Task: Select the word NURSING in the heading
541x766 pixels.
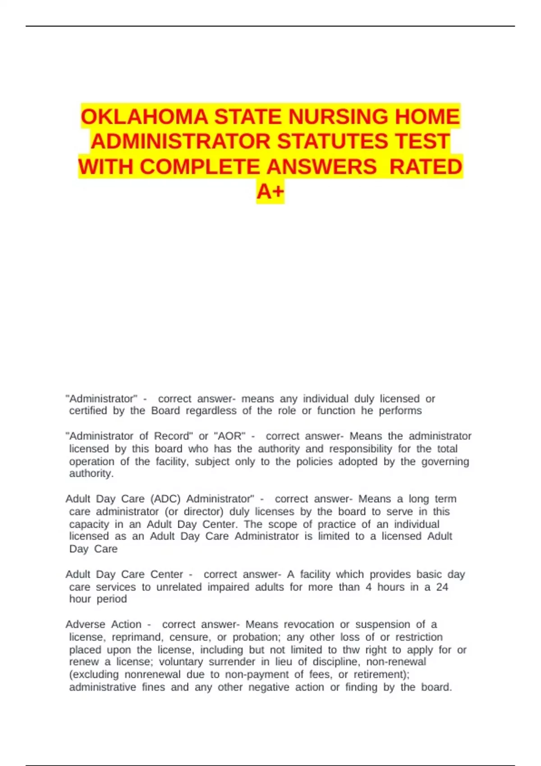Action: click(x=338, y=117)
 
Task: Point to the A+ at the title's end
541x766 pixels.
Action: click(x=270, y=191)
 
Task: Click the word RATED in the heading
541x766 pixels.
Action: click(x=426, y=167)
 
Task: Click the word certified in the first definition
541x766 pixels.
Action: click(x=88, y=411)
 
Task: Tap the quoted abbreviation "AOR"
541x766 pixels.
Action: click(x=230, y=436)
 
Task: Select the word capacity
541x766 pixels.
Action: click(x=89, y=524)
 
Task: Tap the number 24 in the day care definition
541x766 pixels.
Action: click(x=442, y=587)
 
